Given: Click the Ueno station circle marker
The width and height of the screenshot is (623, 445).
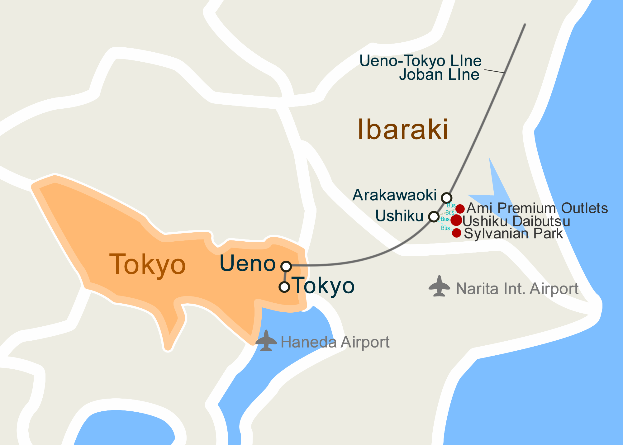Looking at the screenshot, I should pyautogui.click(x=286, y=266).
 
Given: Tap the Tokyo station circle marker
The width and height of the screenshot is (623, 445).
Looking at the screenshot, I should pyautogui.click(x=284, y=286).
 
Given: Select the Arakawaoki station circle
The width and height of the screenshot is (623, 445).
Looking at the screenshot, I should pyautogui.click(x=446, y=197).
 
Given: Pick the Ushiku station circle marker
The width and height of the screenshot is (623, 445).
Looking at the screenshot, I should pyautogui.click(x=434, y=216).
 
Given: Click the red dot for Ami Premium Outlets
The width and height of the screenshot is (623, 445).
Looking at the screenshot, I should pyautogui.click(x=460, y=209).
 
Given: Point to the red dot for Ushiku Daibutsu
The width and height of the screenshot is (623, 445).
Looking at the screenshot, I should pyautogui.click(x=456, y=220).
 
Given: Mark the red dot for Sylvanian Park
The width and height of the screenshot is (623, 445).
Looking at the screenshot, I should pyautogui.click(x=456, y=233).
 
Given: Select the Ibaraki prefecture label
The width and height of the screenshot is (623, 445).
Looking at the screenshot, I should pyautogui.click(x=402, y=129).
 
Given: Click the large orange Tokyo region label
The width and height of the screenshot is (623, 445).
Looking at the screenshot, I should pyautogui.click(x=147, y=264).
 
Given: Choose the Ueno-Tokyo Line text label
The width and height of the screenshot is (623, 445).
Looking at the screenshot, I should pyautogui.click(x=420, y=61).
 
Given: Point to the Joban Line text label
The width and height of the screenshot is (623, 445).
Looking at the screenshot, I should pyautogui.click(x=439, y=75).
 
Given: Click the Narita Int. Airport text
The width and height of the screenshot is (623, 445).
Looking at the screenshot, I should pyautogui.click(x=517, y=289).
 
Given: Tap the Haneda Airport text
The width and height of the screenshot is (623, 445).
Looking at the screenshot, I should pyautogui.click(x=335, y=342).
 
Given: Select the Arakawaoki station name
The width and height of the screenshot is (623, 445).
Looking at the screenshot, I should pyautogui.click(x=394, y=195).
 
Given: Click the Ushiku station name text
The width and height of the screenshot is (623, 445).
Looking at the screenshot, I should pyautogui.click(x=399, y=215).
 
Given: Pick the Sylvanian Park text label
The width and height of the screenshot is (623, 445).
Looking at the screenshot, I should pyautogui.click(x=513, y=234).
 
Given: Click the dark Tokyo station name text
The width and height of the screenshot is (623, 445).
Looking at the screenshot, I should pyautogui.click(x=324, y=285).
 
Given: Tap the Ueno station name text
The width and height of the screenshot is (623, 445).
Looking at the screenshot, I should pyautogui.click(x=248, y=263).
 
